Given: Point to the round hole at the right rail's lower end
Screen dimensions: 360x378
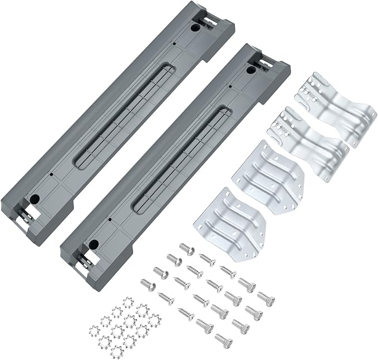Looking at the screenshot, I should point(93,243).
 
